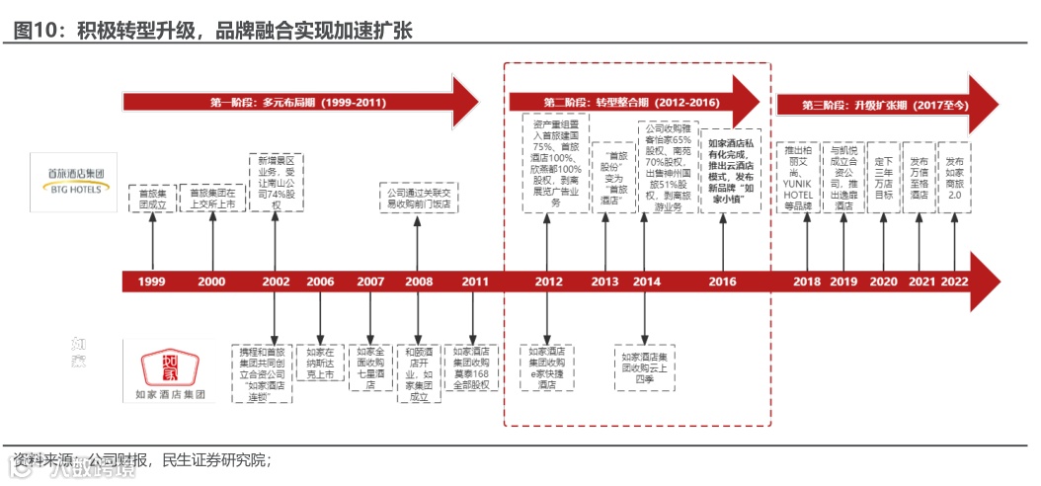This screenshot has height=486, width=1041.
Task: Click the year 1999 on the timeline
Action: click(x=152, y=282)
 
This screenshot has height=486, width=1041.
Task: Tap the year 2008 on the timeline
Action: click(x=419, y=282)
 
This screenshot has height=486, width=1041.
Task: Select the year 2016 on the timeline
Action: click(x=723, y=282)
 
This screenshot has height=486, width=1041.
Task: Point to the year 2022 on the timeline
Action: click(x=954, y=282)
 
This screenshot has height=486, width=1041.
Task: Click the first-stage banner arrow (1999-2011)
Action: click(x=296, y=103)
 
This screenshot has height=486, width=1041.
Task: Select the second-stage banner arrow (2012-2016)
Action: click(x=632, y=103)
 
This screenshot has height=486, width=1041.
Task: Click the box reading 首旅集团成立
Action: click(x=152, y=199)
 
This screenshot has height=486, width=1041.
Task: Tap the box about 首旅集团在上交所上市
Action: click(x=211, y=199)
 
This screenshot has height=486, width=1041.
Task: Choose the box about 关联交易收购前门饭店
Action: click(x=419, y=199)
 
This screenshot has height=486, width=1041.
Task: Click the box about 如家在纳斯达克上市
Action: click(x=320, y=363)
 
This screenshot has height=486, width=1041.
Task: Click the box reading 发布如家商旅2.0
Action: click(x=954, y=178)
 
